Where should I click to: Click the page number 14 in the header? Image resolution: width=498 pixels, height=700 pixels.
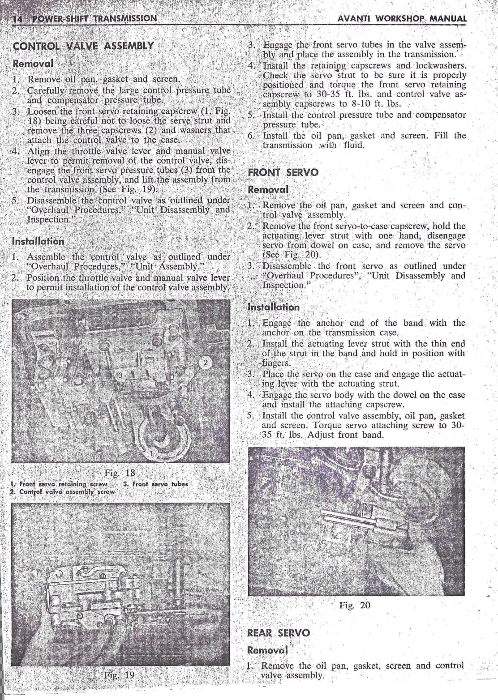point(18,19)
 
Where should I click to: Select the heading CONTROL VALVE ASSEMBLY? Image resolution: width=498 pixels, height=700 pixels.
point(83,46)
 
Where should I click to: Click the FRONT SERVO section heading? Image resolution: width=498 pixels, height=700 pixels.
point(283,173)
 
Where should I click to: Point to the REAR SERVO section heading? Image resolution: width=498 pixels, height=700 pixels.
point(278,632)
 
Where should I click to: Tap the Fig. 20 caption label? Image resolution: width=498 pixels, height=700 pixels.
point(355,606)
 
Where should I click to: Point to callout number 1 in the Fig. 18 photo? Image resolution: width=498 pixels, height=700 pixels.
point(151,454)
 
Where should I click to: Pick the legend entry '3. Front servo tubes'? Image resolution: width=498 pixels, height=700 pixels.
point(155,484)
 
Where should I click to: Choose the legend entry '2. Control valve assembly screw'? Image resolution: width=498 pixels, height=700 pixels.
point(63,491)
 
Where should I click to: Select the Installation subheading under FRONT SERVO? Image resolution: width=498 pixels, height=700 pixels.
point(274,307)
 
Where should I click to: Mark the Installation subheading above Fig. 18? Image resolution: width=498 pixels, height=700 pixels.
point(38,241)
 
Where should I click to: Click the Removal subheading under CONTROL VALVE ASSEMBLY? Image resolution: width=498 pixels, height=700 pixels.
point(33,63)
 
